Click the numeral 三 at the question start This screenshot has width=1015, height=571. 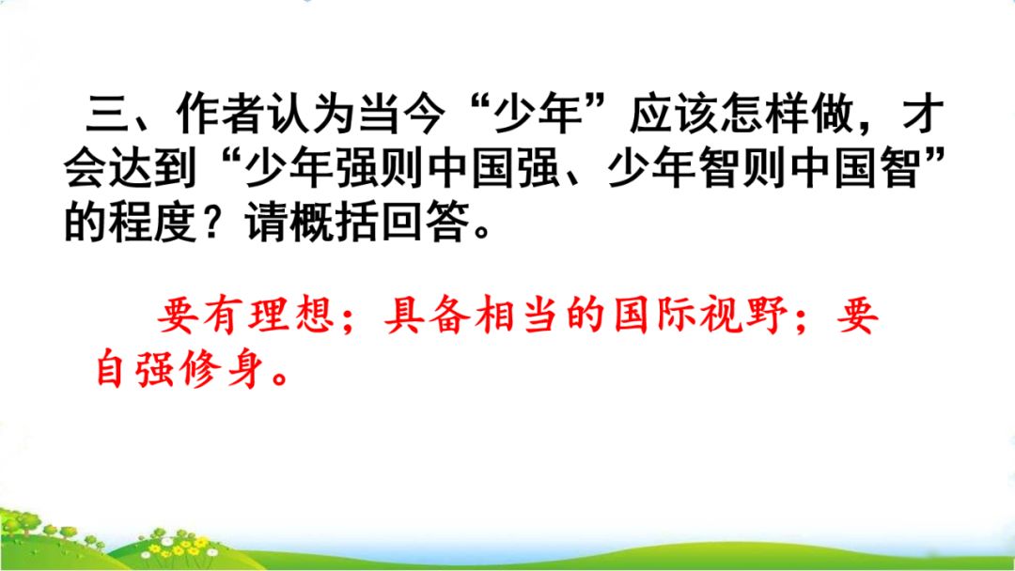(107, 115)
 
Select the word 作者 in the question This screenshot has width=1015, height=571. (221, 115)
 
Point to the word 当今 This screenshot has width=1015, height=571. (402, 115)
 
